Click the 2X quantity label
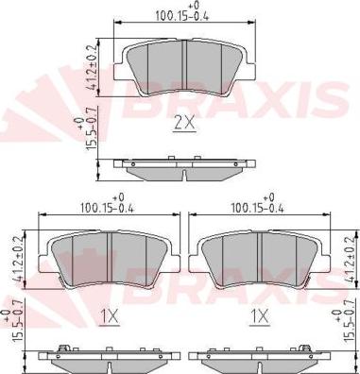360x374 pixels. tap(185, 125)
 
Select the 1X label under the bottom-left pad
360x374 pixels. tap(110, 316)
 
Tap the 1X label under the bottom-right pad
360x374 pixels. tap(260, 316)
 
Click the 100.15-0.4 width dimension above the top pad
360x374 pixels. tap(182, 16)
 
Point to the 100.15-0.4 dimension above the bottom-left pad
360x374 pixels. tap(107, 208)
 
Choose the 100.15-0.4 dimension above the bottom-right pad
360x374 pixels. tap(258, 208)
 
